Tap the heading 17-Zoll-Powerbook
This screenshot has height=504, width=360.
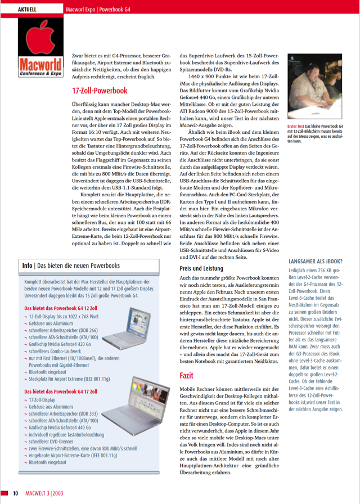coord(100,91)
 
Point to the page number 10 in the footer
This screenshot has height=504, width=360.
coord(16,493)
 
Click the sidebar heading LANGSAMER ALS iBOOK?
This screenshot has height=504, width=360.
coord(316,262)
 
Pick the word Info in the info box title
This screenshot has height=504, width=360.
coord(27,265)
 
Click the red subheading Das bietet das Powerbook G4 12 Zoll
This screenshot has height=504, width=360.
coord(61,309)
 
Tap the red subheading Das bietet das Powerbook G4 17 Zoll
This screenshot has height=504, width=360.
coord(61,391)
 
